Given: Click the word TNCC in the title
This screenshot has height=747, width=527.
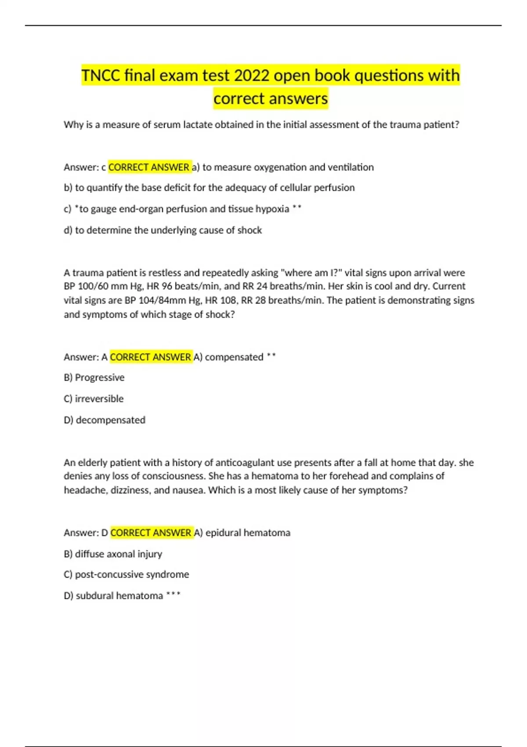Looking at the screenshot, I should coord(101,76).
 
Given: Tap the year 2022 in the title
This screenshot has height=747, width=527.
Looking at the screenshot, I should coord(252,76).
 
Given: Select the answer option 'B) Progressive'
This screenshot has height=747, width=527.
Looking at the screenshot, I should coord(94,377).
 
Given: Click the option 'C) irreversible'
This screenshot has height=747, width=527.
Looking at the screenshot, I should coord(94,399).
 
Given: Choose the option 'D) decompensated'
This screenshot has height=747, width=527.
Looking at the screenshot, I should coord(105,420).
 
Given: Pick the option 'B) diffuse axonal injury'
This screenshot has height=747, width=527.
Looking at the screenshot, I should coord(113,554).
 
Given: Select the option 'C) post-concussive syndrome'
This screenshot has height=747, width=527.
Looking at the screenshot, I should coord(126,574).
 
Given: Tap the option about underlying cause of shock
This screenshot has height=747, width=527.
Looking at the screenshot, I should coord(162,230).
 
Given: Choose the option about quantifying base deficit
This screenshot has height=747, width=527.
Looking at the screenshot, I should coord(209,188).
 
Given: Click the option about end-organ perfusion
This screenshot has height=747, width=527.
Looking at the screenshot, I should coord(182,209).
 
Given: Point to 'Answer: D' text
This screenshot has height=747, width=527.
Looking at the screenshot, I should coord(86,533).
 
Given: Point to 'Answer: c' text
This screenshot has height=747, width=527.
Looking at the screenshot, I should coord(85,167).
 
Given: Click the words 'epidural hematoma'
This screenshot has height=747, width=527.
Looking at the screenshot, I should coord(248,533).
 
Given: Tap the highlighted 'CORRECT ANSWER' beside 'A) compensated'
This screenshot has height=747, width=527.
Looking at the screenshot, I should coord(151,357).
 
